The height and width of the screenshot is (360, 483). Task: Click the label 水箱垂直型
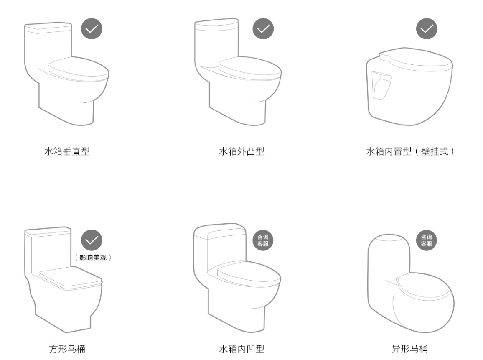coord(67,151)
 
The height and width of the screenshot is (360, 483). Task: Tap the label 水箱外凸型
coord(241,151)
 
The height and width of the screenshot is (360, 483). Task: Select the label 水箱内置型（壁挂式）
coord(410,151)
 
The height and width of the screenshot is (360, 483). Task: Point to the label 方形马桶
coord(67,349)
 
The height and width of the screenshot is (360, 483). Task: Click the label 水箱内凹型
coord(241,349)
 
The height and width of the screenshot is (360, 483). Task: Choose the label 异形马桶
coord(409,349)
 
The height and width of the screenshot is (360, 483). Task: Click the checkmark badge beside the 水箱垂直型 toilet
coord(92,29)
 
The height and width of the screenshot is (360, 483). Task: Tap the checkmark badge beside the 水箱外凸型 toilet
coord(263,29)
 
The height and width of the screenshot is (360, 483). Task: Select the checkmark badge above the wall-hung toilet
coord(427,29)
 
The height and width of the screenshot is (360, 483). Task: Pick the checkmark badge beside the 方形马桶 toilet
coord(92,240)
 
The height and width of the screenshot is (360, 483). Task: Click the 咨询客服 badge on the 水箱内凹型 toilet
coord(263,240)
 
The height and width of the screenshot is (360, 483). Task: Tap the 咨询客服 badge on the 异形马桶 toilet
coord(427,240)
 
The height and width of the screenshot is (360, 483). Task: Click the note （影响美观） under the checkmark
coord(93,258)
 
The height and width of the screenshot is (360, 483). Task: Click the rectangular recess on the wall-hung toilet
coord(381,85)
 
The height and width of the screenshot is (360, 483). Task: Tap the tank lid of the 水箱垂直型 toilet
coord(48,28)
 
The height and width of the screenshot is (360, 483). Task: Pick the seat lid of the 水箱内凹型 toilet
coord(249,274)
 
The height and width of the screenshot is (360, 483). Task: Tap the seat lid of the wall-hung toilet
coord(416,60)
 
